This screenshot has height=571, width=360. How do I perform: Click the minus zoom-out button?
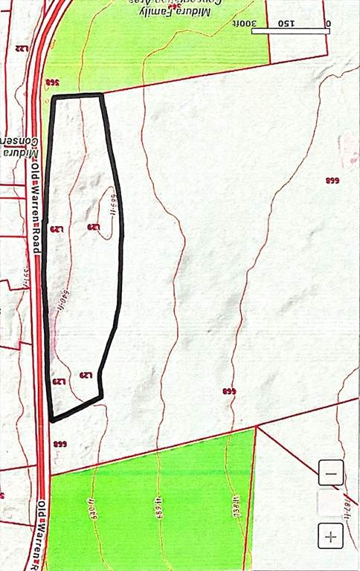click(x=331, y=473)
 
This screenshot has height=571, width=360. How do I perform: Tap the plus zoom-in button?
click(x=331, y=535)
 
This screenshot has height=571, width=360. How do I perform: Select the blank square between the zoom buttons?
click(x=330, y=503)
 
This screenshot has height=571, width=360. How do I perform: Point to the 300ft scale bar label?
click(x=262, y=23)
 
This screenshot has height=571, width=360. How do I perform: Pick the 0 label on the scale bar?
click(x=327, y=23)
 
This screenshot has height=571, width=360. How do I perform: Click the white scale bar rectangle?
click(x=291, y=31)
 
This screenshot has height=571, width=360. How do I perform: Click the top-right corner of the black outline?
click(x=101, y=94)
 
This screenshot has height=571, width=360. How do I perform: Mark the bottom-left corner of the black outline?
click(x=51, y=420)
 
